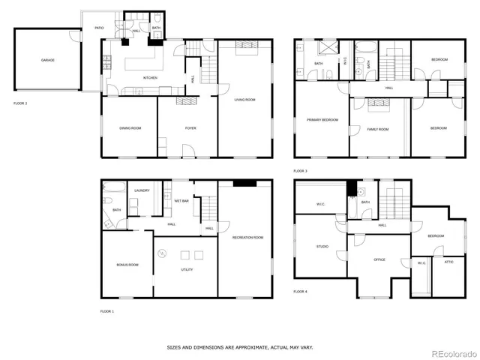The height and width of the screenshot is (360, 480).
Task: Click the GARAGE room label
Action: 47,60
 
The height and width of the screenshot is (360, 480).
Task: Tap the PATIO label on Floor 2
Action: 99,28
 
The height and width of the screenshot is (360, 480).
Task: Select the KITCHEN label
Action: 151,77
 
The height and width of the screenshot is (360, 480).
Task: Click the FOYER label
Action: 191,128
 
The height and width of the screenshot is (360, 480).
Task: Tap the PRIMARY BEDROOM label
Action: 322,119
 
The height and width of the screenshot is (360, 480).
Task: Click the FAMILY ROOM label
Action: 378,129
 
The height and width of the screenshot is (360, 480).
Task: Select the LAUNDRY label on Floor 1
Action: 142,190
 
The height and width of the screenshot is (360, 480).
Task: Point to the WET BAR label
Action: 181,201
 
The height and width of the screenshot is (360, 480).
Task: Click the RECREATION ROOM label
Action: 247,237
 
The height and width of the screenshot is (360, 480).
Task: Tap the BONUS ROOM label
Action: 127,265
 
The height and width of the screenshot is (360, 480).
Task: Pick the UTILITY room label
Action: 187,268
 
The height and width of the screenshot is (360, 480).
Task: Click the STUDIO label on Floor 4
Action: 322,245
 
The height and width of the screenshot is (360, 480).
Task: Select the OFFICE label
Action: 379,259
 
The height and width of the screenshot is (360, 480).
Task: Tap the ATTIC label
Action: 448,262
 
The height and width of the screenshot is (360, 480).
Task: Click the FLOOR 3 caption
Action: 301,171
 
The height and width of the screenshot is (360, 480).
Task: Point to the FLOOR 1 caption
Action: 107,310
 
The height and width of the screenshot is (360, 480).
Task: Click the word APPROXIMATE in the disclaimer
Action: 244,347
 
